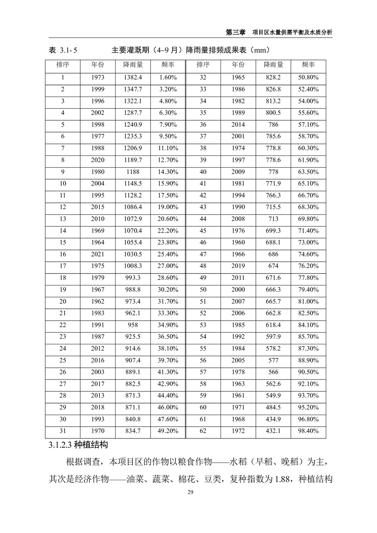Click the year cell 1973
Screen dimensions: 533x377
[98, 77]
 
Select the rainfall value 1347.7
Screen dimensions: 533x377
[133, 89]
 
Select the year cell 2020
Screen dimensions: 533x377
[98, 160]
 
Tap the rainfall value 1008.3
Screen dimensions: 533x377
[133, 266]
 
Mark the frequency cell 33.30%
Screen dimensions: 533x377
[168, 314]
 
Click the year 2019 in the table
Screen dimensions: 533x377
[238, 266]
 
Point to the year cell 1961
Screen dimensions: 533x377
[238, 395]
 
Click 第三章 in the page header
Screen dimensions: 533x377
[235, 32]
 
